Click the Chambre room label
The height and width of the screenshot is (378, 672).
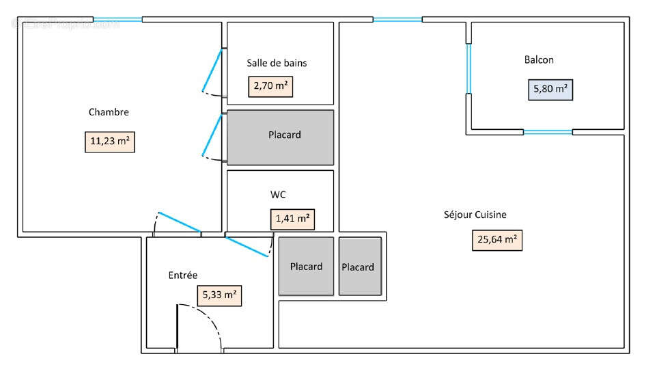point(109,112)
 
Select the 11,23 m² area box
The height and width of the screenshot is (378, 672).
point(109,141)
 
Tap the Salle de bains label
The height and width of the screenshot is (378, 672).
point(277,63)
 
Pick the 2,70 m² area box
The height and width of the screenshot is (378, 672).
point(269,87)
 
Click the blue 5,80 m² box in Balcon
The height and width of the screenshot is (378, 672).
point(550,89)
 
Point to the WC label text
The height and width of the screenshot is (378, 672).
point(278,195)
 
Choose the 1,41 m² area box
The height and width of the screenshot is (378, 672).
point(292,219)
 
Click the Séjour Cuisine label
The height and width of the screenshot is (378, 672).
point(475,215)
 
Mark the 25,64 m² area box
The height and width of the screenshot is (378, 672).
point(497,240)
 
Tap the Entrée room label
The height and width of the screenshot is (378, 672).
point(182,275)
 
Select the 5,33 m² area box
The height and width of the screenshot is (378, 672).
point(219,295)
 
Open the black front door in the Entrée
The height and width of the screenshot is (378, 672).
point(178,328)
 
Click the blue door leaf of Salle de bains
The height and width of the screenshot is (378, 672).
point(212,70)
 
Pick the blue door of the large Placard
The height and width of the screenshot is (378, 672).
point(212,135)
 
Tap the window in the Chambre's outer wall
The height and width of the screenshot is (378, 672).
point(117,19)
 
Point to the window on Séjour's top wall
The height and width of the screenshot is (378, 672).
point(397,19)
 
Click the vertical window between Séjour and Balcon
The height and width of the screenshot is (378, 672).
point(468,68)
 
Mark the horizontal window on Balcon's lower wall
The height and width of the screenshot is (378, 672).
point(547,131)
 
